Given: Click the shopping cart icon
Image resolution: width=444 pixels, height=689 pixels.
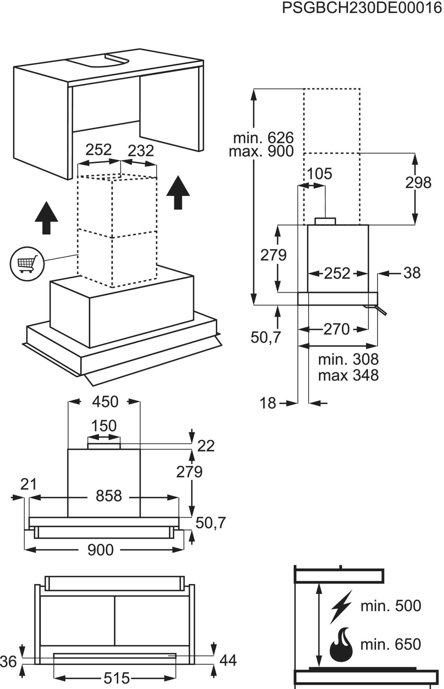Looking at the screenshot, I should point(27,264).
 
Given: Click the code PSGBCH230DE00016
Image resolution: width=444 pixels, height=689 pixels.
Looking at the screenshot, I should point(362,8).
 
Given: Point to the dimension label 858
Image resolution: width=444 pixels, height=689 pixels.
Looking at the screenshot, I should point(109,496).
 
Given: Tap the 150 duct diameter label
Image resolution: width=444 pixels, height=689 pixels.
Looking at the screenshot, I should point(104,426).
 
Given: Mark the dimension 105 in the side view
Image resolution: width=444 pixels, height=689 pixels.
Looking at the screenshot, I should point(319,174).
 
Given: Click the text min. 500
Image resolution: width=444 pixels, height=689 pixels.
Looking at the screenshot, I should point(391,606).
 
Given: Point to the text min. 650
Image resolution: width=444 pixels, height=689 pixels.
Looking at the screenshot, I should point(391,645).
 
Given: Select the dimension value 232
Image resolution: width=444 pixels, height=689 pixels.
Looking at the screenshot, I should point(141,151).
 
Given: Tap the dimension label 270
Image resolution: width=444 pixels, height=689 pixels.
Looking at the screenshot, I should point(336,329).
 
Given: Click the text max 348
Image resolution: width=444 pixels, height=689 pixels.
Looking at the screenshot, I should point(348,375).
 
